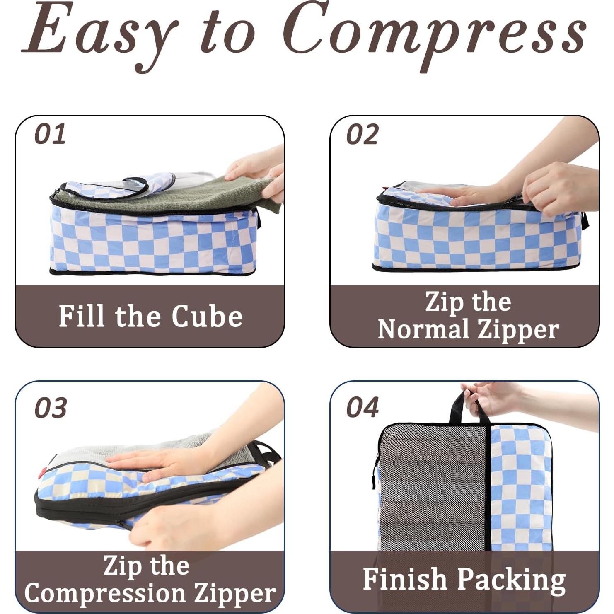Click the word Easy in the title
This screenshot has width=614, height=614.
(x=99, y=33)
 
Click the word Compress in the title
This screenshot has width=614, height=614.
(x=435, y=33)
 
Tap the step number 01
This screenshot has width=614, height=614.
(x=50, y=134)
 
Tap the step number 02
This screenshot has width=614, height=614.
(x=362, y=134)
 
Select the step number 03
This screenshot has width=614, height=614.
(x=51, y=408)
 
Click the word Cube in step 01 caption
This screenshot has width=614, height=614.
(x=207, y=317)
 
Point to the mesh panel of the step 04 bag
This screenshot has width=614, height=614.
(x=431, y=489)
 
